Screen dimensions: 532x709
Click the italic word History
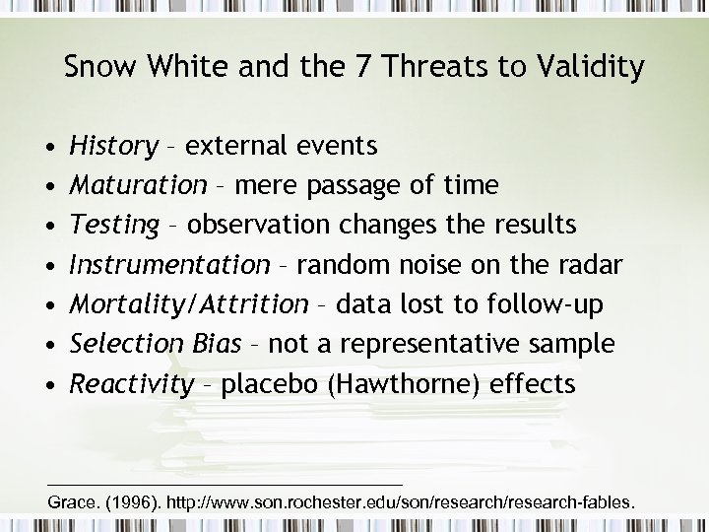coord(113,147)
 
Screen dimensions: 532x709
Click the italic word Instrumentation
coord(169,265)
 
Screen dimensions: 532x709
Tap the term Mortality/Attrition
coord(189,304)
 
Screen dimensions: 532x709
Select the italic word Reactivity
coord(132,383)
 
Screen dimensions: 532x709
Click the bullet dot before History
coord(49,148)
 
